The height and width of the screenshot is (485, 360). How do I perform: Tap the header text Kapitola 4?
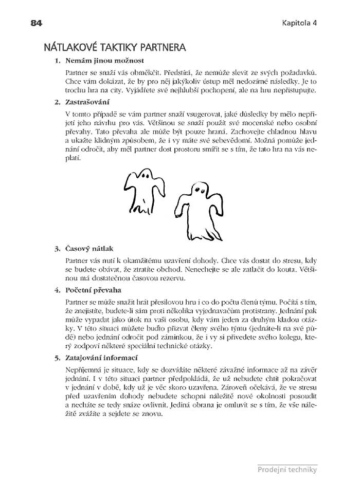299,24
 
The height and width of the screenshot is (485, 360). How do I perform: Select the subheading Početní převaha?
90,290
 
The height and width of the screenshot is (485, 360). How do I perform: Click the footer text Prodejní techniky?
287,469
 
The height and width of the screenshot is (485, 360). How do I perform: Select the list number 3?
57,249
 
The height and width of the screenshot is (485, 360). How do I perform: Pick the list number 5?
57,358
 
